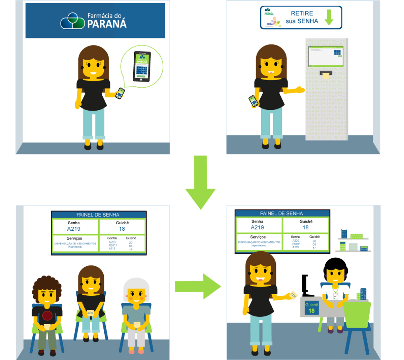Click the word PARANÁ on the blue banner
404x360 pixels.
107,24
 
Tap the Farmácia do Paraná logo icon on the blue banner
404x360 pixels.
72,21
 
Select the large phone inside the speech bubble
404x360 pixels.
142,66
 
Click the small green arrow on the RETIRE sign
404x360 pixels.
329,17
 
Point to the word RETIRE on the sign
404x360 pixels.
302,13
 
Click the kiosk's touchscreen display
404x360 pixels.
326,56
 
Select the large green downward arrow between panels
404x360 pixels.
200,184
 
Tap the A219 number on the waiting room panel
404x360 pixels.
74,229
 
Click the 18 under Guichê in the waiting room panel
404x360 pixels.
122,229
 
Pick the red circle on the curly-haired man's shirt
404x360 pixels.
47,316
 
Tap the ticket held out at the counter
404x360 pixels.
293,295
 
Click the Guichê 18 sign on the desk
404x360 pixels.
311,308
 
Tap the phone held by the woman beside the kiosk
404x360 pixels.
254,101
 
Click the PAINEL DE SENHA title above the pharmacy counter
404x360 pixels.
281,214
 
